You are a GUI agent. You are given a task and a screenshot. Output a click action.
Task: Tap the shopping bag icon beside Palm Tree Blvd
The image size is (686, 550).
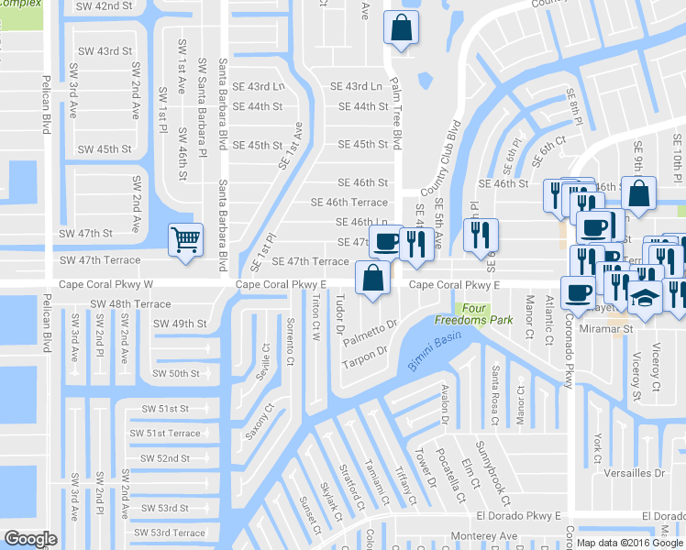401,27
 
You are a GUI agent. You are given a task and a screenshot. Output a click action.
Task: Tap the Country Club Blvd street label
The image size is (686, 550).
438,158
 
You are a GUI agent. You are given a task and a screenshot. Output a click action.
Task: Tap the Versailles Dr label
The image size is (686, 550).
634,472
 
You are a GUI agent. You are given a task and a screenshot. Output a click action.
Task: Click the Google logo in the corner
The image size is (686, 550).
30,539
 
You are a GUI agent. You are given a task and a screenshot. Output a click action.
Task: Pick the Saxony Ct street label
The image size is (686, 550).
265,421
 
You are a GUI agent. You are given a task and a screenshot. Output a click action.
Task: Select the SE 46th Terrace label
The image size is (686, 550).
349,203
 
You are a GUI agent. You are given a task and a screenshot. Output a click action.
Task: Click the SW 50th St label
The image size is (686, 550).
177,373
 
